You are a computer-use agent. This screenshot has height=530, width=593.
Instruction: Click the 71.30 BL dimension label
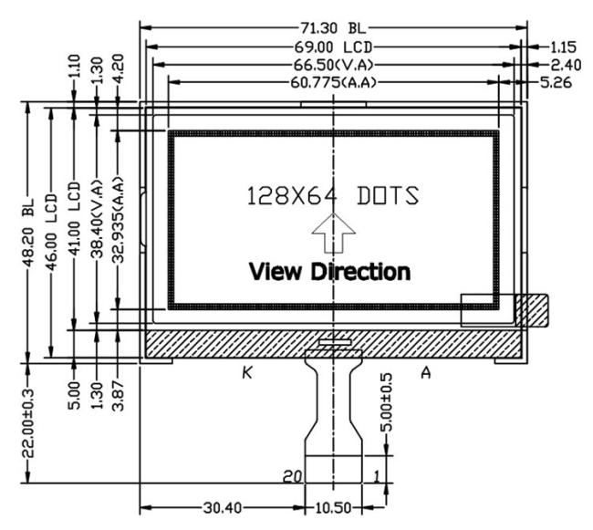pyautogui.click(x=332, y=28)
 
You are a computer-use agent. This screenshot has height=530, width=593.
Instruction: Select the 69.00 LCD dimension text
pyautogui.click(x=332, y=47)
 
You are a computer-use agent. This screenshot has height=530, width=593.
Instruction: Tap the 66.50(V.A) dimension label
pyautogui.click(x=334, y=65)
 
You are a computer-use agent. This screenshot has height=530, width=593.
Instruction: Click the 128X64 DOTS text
pyautogui.click(x=332, y=196)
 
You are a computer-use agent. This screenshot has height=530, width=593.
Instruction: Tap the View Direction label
pyautogui.click(x=329, y=271)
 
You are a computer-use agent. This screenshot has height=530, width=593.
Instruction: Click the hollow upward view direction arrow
pyautogui.click(x=334, y=235)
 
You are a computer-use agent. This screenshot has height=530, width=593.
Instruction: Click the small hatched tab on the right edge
pyautogui.click(x=531, y=310)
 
